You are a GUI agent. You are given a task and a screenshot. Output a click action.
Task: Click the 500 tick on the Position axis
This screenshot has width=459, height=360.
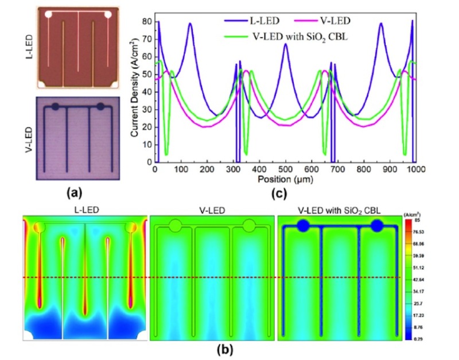coord(285,170)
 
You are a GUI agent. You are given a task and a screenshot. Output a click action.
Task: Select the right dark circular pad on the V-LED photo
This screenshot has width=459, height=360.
coord(101,106)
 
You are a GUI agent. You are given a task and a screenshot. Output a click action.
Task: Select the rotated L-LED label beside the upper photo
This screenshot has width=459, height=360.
coord(28,46)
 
